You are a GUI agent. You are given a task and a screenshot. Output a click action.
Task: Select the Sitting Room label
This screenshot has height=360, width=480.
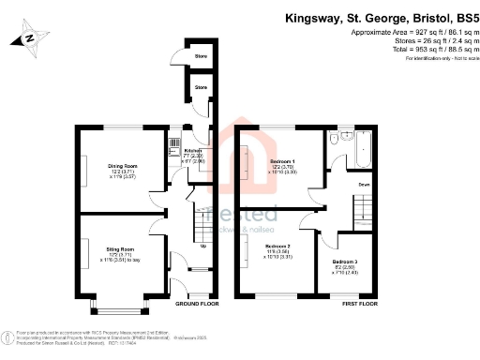122,249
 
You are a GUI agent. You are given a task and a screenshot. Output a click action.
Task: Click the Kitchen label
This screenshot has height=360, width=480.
193,150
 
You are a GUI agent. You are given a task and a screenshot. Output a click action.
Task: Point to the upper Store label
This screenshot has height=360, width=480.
200,54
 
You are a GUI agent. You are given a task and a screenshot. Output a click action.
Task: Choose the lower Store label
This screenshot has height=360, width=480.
200,87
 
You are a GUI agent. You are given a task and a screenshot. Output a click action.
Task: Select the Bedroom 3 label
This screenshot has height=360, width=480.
345,264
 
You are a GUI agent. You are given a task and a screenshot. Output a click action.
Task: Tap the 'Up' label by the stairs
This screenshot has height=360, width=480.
204,247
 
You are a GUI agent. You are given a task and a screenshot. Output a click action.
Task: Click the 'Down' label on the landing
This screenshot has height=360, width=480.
363,186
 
